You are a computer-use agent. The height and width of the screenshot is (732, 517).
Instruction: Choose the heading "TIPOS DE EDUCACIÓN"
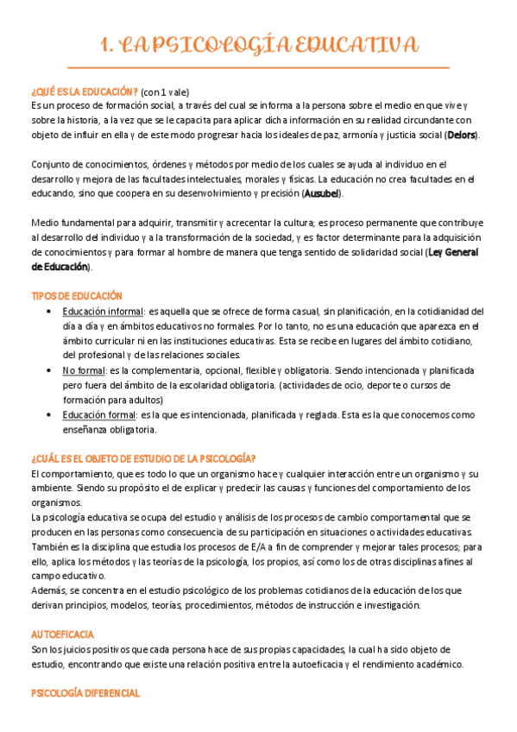pyautogui.click(x=77, y=296)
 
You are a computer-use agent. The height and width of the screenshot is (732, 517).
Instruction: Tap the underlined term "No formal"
pyautogui.click(x=84, y=369)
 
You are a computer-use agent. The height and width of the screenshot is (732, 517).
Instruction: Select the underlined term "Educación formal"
pyautogui.click(x=99, y=414)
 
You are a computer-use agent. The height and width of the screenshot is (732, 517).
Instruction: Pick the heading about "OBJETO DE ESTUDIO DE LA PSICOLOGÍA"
pyautogui.click(x=143, y=458)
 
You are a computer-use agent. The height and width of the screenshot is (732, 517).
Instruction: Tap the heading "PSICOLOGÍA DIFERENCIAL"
pyautogui.click(x=85, y=693)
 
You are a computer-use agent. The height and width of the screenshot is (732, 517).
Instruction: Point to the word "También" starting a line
pyautogui.click(x=51, y=546)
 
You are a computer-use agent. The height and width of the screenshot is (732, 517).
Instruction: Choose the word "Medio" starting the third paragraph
pyautogui.click(x=46, y=224)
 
